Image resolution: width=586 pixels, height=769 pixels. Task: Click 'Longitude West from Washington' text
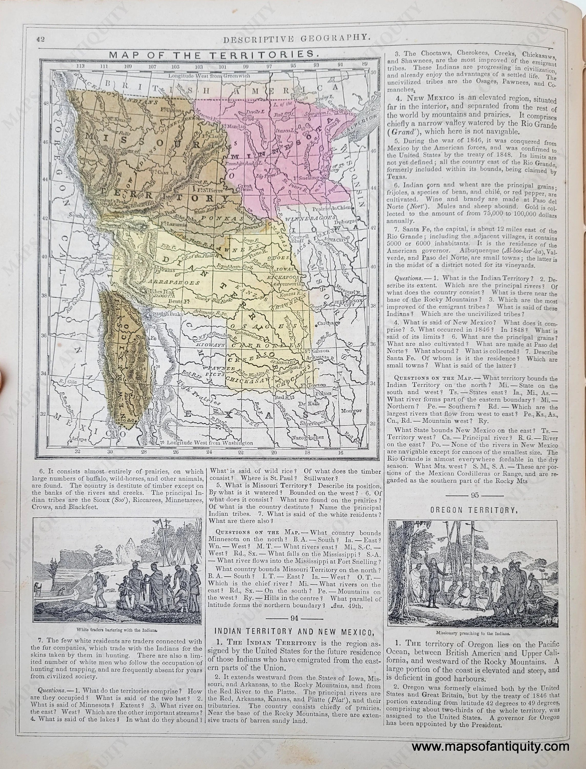click(210, 443)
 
